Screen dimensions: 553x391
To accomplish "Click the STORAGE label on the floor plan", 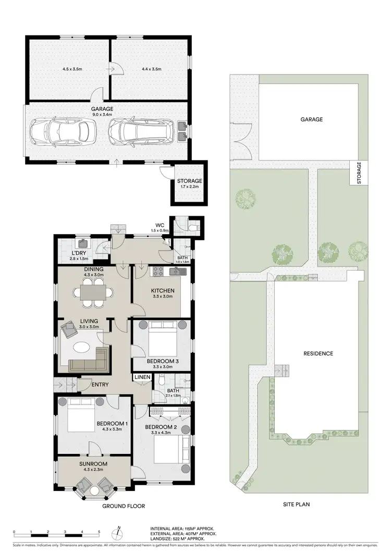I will (x=189, y=181).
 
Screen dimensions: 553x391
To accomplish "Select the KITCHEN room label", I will (x=163, y=291).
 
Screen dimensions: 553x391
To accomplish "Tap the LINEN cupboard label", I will (x=142, y=377).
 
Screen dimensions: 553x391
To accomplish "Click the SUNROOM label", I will (x=93, y=463).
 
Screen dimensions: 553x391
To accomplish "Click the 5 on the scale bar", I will (x=99, y=532).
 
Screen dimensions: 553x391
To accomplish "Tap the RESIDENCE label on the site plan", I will (x=318, y=353).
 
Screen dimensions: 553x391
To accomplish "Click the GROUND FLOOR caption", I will (x=124, y=506).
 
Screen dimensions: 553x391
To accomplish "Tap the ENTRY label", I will (x=100, y=385).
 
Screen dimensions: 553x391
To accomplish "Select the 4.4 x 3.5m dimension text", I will (x=150, y=69).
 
